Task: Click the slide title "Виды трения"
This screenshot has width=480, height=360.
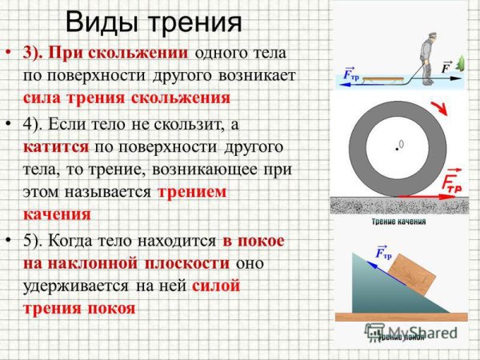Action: point(152,22)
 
